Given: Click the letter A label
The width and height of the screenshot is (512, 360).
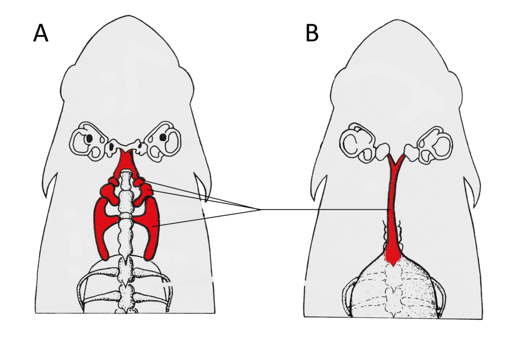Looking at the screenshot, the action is click(x=41, y=33).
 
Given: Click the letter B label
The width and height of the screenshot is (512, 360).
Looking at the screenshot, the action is click(x=312, y=33).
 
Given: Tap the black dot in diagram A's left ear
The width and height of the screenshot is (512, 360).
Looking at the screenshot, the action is click(x=89, y=138).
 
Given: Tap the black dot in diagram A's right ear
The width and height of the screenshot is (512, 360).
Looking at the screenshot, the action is click(x=163, y=138).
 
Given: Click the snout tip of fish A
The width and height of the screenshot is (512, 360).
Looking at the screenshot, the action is click(x=128, y=15).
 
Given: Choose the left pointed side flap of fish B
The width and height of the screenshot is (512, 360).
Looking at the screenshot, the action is click(x=319, y=188).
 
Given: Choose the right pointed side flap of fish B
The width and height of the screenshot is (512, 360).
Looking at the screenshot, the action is click(x=472, y=191).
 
